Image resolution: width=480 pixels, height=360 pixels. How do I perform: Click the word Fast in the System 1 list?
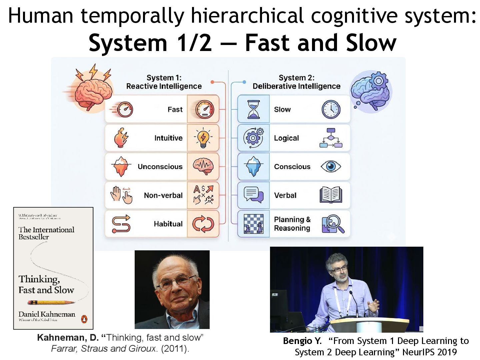(175, 109)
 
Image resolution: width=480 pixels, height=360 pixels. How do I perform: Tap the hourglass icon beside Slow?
(253, 109)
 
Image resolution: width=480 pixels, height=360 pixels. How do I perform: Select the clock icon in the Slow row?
(331, 109)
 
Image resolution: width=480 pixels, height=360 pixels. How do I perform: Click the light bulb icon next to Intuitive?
(203, 138)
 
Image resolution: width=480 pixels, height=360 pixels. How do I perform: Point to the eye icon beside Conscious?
(331, 166)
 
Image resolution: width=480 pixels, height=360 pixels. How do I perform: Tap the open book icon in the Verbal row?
(331, 195)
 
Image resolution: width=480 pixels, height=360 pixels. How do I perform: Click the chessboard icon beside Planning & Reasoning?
(254, 224)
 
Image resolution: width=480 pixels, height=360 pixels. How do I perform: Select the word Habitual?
(168, 224)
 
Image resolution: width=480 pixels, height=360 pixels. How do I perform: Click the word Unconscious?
(160, 167)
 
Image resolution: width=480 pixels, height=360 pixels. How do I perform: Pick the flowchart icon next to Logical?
(331, 138)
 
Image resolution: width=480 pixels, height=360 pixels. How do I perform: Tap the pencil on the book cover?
(52, 302)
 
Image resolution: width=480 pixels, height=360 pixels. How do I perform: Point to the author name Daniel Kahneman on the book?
(47, 314)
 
